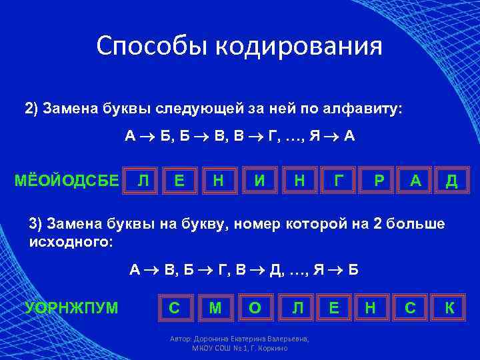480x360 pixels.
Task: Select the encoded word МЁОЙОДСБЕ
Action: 67,180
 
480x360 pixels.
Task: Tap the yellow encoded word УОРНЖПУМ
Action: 71,307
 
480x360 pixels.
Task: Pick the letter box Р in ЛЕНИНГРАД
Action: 379,180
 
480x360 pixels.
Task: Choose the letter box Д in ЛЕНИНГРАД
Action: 451,180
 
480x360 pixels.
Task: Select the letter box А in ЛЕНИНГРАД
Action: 415,180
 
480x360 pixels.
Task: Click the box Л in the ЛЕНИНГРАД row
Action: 142,180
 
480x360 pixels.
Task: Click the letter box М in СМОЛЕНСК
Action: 215,307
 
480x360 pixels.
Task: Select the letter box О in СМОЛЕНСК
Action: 254,307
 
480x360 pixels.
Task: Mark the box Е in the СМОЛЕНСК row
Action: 333,307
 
